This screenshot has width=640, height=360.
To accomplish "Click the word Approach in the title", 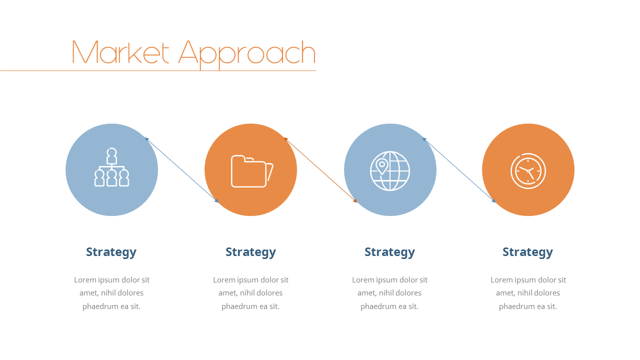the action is [247, 54].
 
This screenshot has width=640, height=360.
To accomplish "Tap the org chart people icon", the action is [111, 167].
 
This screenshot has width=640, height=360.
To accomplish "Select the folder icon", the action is [252, 171].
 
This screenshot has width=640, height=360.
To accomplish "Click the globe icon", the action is [390, 170].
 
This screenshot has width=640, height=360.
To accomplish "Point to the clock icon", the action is [528, 171].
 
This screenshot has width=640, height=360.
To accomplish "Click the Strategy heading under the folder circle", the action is [250, 252].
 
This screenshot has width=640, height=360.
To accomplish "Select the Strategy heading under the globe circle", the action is [389, 252].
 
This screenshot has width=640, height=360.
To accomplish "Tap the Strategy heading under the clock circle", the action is [527, 252].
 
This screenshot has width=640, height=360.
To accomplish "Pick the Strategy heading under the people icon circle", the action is [111, 252].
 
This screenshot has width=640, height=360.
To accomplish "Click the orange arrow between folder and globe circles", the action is [320, 170].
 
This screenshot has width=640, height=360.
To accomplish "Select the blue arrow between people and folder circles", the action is [181, 170].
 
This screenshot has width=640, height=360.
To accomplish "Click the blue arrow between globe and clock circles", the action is [459, 170].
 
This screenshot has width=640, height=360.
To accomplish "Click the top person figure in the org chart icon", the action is [111, 156].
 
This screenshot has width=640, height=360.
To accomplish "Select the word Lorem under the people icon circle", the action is [85, 279].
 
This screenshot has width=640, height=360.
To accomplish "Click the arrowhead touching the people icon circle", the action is [146, 139].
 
